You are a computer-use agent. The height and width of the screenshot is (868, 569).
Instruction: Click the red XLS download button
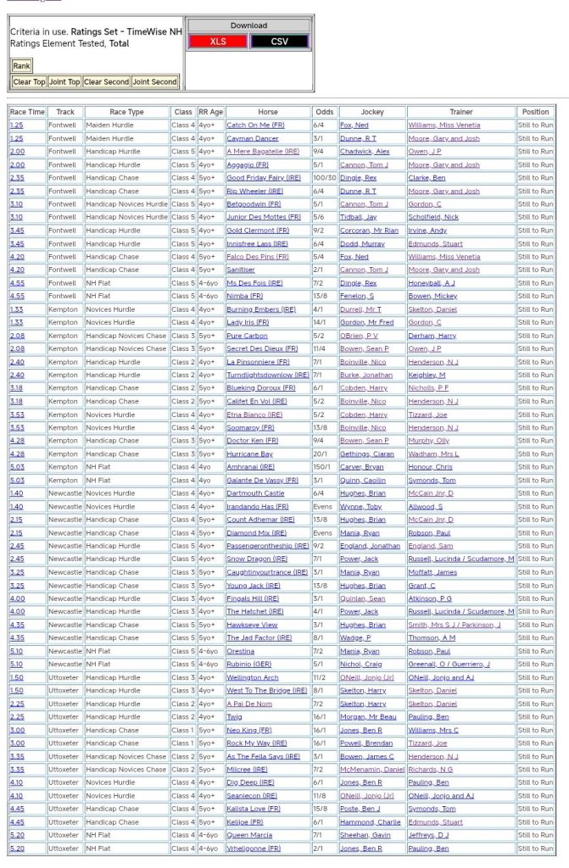pos(218,41)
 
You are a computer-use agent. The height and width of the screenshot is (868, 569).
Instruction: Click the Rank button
pos(21,65)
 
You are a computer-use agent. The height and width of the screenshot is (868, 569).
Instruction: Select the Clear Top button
pos(29,82)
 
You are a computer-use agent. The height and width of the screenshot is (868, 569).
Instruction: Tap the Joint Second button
pos(154,82)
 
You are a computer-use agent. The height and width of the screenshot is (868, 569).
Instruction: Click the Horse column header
pos(268,112)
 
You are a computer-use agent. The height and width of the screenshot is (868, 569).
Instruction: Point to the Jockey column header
pos(371,112)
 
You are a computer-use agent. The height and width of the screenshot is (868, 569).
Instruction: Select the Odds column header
pos(324,112)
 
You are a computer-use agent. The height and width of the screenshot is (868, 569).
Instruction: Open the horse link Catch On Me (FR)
pos(255,125)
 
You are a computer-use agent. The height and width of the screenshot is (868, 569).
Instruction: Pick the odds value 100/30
pos(324,178)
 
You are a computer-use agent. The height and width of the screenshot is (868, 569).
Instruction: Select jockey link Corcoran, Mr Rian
pos(369,231)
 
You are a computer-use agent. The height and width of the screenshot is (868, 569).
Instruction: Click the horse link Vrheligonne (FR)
pos(254,849)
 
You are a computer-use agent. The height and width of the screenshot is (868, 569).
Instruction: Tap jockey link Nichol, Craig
pos(360,664)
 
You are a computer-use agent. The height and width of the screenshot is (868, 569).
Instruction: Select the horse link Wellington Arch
pos(253,677)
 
